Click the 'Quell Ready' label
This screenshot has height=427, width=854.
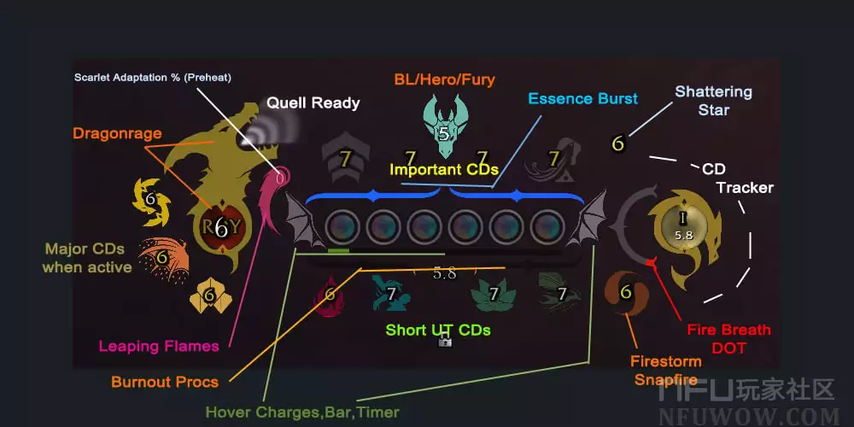(313, 103)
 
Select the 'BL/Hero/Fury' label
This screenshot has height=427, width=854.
(444, 80)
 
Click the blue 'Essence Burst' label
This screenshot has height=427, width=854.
(582, 98)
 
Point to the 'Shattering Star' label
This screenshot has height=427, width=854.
(713, 100)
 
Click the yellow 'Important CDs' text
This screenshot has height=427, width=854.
(443, 169)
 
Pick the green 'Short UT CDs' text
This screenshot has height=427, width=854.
(437, 330)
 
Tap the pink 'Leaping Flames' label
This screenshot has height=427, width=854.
(159, 346)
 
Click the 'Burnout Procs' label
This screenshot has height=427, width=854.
(164, 382)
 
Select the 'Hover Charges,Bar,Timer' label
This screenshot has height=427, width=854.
(301, 412)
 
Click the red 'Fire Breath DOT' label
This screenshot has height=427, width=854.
(728, 338)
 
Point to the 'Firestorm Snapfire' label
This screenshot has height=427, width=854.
(666, 371)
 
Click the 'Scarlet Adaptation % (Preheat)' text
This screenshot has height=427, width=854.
(152, 77)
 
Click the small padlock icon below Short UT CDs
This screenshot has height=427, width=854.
(444, 341)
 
